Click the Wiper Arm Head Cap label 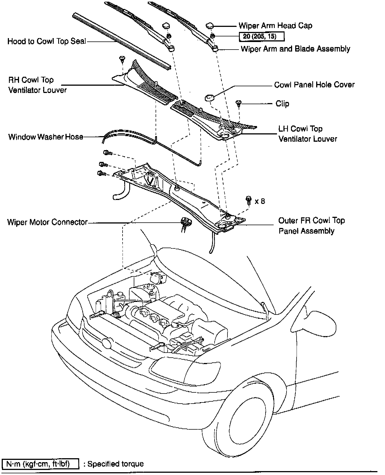click(x=275, y=26)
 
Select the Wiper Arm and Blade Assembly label click(x=295, y=49)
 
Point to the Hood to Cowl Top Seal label click(x=47, y=41)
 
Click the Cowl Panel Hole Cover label click(x=314, y=85)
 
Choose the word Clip click(x=282, y=104)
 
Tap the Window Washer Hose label click(x=46, y=137)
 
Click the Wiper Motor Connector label click(x=47, y=222)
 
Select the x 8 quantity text click(x=260, y=201)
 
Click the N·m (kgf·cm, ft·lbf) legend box click(x=40, y=464)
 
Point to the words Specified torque click(x=116, y=464)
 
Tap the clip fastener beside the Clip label click(x=239, y=104)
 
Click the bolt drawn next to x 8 click(x=248, y=200)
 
